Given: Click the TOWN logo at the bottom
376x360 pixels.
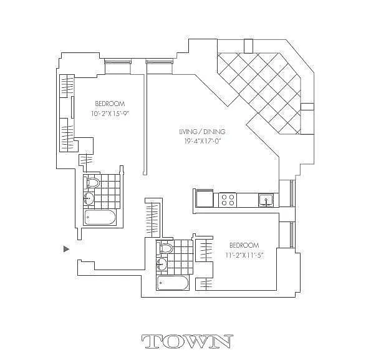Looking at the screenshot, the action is click(x=187, y=341).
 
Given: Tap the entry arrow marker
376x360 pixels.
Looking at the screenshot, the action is click(x=66, y=249).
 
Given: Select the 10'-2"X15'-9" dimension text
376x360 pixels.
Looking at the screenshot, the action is click(x=110, y=114).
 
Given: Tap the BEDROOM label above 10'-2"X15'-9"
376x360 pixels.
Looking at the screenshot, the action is click(x=110, y=104).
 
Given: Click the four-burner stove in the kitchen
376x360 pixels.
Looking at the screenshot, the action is click(x=228, y=200).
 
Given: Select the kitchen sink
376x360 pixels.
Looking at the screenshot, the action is click(x=266, y=200).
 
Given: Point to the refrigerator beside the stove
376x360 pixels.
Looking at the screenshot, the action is click(x=205, y=199).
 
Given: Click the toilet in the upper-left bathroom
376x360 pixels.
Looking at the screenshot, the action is click(x=93, y=183).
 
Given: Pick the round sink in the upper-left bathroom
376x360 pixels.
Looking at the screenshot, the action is click(x=89, y=198).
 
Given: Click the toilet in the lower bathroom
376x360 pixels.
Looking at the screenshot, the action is click(x=166, y=248).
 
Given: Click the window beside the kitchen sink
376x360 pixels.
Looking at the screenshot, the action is click(x=290, y=194).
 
